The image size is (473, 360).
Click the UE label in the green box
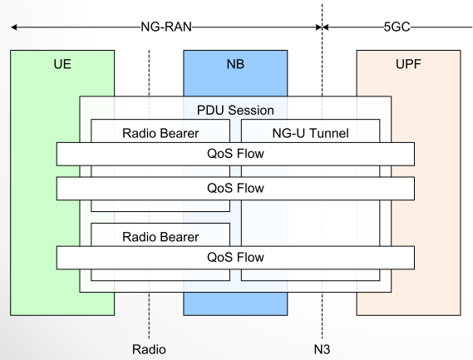[x=62, y=64]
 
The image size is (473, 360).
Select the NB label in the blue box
[x=235, y=64]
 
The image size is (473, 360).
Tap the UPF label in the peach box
[x=408, y=64]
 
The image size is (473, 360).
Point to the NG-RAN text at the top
[x=166, y=26]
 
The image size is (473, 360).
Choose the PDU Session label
[x=235, y=110]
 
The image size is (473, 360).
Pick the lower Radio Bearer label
[x=160, y=236]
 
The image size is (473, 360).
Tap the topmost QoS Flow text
[x=235, y=153]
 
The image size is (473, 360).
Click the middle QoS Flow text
[x=235, y=188]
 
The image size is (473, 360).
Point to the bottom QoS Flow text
[x=235, y=257]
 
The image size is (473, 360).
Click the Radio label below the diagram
[x=149, y=348]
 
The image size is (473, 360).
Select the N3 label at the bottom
[x=321, y=348]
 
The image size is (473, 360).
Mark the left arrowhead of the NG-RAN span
[x=14, y=26]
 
